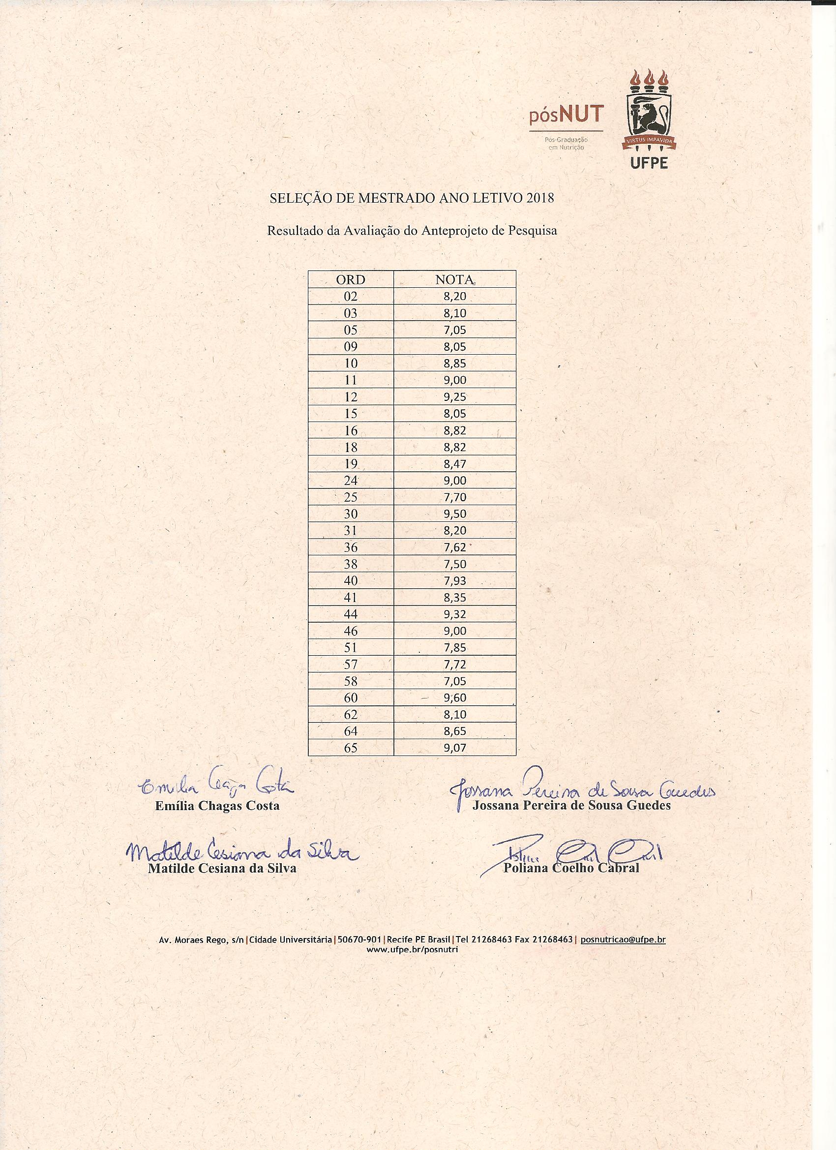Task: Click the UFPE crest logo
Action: [x=649, y=111]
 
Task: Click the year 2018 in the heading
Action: [x=540, y=198]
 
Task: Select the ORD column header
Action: [x=350, y=279]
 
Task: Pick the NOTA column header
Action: [x=454, y=279]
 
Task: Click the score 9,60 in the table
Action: [x=454, y=697]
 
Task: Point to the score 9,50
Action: [x=454, y=514]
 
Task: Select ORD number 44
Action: [x=350, y=614]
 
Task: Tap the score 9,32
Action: [x=454, y=614]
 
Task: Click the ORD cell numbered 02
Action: [x=350, y=296]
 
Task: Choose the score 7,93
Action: [x=454, y=580]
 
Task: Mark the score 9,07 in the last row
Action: [x=454, y=747]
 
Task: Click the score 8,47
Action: [x=454, y=463]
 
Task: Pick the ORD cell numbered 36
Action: [x=350, y=547]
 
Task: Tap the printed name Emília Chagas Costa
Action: [x=217, y=806]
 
